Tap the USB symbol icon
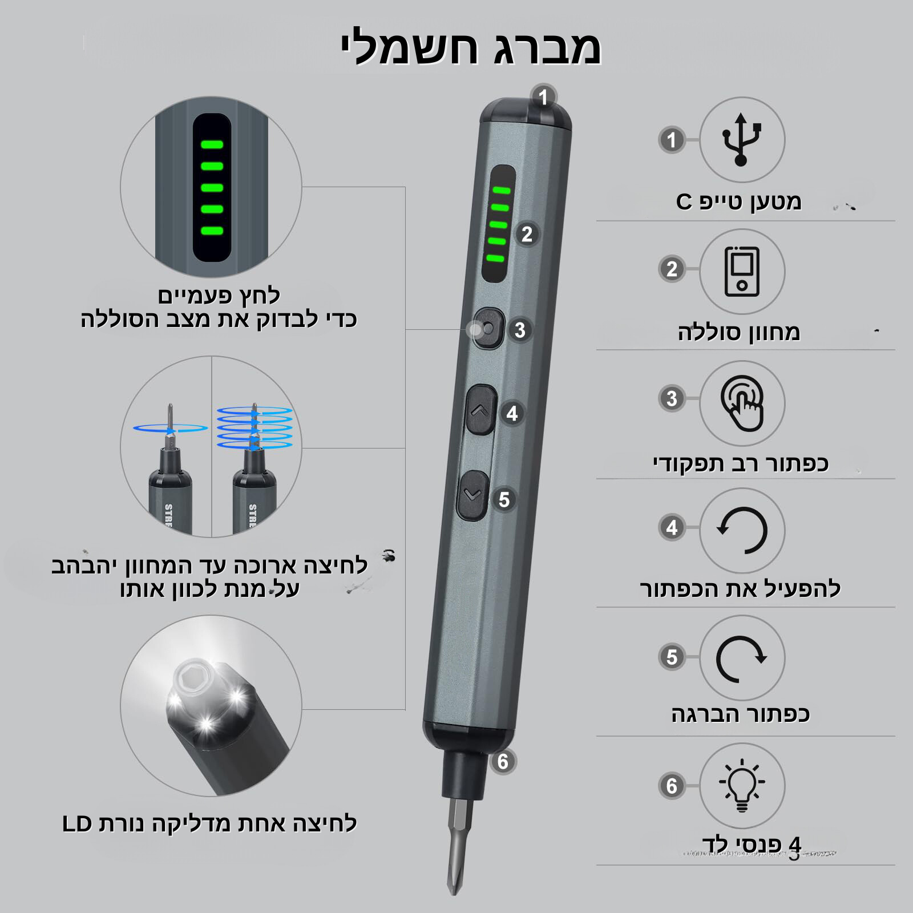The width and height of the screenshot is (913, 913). pos(741,140)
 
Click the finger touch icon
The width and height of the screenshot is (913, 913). pos(742,403)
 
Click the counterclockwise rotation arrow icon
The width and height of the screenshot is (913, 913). pos(742,530)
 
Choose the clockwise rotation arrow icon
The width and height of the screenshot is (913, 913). pos(742,658)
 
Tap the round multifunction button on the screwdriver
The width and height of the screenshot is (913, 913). pos(488,329)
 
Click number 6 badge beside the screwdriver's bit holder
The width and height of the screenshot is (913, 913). pos(502,761)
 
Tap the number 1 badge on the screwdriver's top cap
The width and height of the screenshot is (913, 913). pos(543,97)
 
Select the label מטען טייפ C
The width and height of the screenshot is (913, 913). pos(739,201)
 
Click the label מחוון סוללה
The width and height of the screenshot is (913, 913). pos(739,332)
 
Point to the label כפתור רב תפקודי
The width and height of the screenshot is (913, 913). pos(741,463)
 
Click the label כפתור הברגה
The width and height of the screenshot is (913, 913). pos(741,714)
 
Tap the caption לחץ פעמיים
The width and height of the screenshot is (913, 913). pos(219,296)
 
